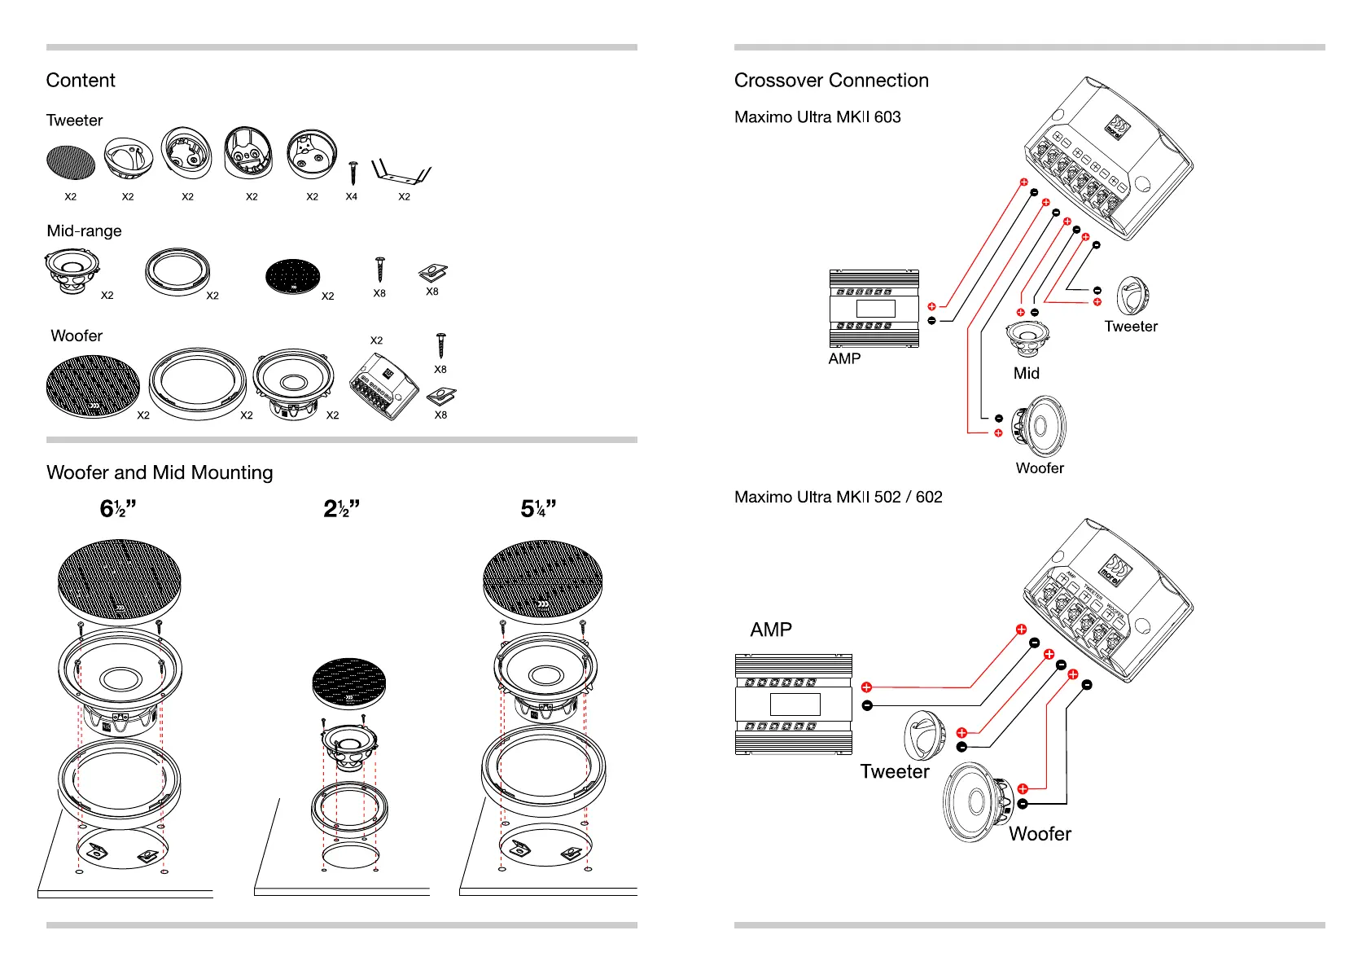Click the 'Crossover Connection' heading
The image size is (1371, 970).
click(830, 81)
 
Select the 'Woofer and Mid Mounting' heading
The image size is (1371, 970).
click(160, 473)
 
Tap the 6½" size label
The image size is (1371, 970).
click(117, 509)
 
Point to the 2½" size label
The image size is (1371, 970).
click(341, 509)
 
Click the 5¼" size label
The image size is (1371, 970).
click(538, 509)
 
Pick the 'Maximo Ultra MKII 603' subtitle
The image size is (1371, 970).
click(817, 117)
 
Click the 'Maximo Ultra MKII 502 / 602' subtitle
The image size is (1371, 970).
click(838, 498)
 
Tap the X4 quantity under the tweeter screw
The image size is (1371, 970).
click(351, 196)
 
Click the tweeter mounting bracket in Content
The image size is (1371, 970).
click(401, 173)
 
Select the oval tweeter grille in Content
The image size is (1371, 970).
click(71, 163)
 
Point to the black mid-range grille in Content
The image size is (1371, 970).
click(293, 278)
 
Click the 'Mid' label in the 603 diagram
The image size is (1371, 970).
click(1026, 374)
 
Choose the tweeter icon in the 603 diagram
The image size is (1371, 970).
click(1132, 296)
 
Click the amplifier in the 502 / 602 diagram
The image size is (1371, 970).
click(794, 704)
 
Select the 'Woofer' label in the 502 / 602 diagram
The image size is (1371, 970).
click(1040, 834)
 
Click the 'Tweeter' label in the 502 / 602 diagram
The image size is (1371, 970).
click(895, 772)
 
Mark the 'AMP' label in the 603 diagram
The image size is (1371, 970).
click(844, 359)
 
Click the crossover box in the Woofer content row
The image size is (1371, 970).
click(384, 389)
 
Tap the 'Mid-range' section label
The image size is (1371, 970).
click(84, 231)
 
